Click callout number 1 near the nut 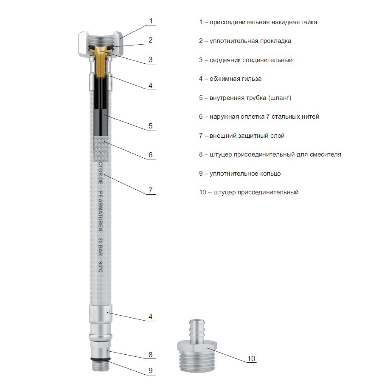(151, 21)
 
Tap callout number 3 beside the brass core (150, 60)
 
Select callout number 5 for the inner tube (150, 126)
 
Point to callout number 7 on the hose (150, 190)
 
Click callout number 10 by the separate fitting (251, 359)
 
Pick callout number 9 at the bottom (150, 370)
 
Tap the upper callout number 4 (150, 85)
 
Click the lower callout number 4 (150, 316)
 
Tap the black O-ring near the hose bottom (101, 359)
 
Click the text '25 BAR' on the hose (100, 247)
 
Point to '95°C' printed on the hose (100, 267)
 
